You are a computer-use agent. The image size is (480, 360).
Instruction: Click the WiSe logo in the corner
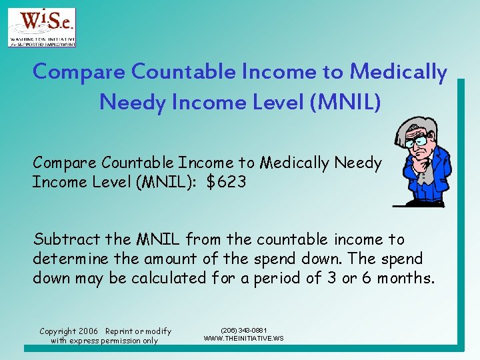pos(41,27)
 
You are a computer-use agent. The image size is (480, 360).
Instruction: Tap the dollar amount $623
pos(226,182)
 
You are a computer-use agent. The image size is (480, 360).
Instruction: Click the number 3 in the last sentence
pos(331,278)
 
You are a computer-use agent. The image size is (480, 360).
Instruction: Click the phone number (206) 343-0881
pos(243,330)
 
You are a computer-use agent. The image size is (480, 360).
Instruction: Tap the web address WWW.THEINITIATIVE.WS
pos(243,338)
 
